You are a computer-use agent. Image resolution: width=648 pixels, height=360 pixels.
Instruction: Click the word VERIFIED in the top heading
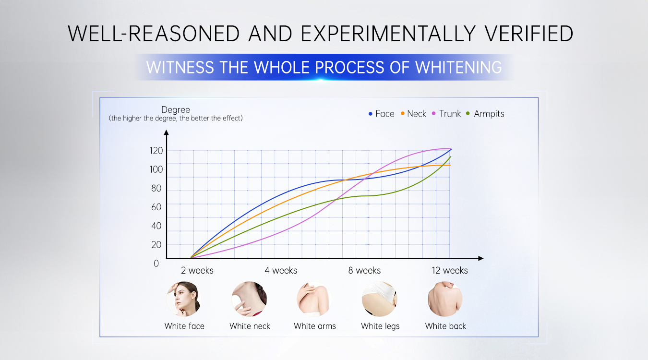[x=529, y=34]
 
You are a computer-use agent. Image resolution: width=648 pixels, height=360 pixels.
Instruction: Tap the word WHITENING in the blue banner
[x=458, y=67]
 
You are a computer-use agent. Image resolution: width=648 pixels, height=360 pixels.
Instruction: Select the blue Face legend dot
[x=370, y=114]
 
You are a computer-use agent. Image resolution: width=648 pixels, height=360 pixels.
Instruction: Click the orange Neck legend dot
[x=402, y=113]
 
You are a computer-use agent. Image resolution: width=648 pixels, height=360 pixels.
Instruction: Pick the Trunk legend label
[x=450, y=114]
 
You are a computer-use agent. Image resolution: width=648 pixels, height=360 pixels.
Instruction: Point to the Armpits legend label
[x=489, y=114]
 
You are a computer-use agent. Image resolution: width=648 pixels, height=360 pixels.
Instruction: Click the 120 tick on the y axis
[x=156, y=151]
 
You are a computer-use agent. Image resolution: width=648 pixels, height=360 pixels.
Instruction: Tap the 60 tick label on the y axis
[x=156, y=207]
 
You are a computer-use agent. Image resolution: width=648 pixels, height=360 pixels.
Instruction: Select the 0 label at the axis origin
[x=156, y=264]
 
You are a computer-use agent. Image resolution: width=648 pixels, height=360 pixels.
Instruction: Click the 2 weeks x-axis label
[x=197, y=270]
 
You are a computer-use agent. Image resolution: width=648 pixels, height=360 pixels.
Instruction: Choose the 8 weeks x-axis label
[x=364, y=270]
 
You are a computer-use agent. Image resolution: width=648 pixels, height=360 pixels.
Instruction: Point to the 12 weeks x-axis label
[x=450, y=270]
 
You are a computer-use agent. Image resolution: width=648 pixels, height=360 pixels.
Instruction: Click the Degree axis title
[x=176, y=109]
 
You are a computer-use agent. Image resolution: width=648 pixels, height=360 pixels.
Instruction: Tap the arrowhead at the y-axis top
[x=166, y=132]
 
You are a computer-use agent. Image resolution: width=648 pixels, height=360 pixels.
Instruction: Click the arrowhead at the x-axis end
[x=481, y=258]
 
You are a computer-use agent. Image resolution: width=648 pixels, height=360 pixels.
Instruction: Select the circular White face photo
[x=184, y=299]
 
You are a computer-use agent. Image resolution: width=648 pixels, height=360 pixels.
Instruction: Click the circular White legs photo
[x=380, y=299]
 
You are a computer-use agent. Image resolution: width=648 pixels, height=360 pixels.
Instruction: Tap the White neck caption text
[x=250, y=326]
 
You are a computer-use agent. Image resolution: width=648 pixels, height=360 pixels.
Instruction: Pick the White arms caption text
[x=315, y=326]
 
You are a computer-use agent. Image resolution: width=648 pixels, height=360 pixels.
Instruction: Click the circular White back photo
[x=445, y=299]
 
